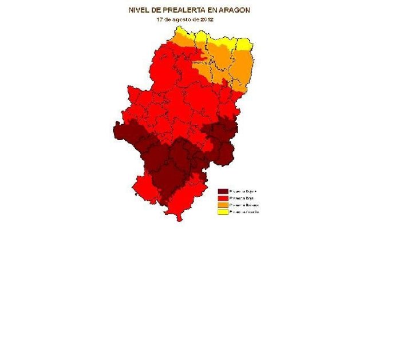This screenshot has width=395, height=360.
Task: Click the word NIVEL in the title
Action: (140, 10)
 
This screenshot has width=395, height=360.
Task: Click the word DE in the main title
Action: (158, 10)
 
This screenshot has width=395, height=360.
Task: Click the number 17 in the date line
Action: (160, 19)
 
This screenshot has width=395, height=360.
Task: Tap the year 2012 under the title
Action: (206, 19)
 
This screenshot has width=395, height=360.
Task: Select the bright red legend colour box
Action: (223, 198)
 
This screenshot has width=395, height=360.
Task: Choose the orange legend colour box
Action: (223, 205)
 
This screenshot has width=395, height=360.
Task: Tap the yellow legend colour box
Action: (223, 212)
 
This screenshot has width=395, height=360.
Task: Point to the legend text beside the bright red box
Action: (242, 198)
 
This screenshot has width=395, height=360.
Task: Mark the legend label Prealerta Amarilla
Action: (244, 212)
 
